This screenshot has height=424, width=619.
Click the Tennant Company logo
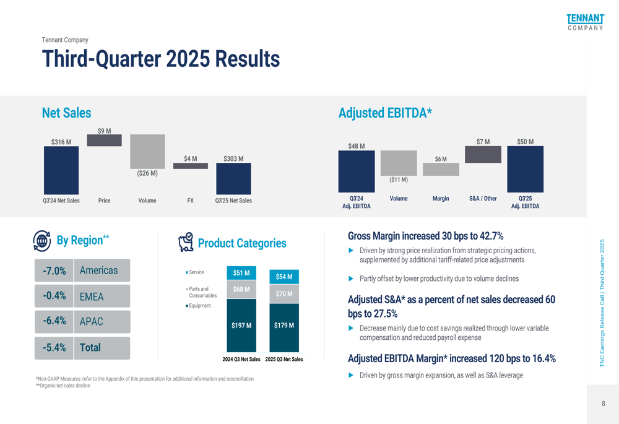pos(586,22)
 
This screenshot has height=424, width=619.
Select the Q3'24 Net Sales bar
pos(61,170)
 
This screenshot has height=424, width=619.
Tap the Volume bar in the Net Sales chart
pos(147,152)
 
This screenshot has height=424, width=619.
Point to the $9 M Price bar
pos(104,140)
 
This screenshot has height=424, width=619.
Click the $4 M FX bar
pos(190,166)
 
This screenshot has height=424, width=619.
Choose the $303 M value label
pos(233,158)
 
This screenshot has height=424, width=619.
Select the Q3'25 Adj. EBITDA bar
pos(525,169)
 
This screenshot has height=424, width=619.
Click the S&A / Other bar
pos(483,154)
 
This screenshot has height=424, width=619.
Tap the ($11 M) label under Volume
pos(399,180)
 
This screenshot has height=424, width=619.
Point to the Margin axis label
pos(441,199)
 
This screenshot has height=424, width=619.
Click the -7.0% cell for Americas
pos(54,270)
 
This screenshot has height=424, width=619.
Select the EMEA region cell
pos(102,296)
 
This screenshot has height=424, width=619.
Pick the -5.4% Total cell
pos(54,348)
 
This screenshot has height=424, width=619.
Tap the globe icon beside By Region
pos(42,241)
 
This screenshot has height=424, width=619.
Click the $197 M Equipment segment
pos(241,326)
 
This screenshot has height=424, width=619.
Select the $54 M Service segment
pos(284,277)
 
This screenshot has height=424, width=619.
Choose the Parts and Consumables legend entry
pos(201,292)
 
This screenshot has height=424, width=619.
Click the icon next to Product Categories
pos(186,242)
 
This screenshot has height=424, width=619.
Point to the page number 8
pos(603,404)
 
